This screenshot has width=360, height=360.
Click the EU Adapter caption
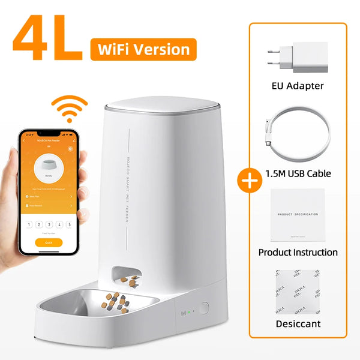[x=297, y=86]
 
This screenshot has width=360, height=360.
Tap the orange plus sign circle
[x=245, y=180]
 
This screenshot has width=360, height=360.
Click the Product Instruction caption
[x=298, y=252]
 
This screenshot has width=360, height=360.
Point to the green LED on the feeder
[x=189, y=312]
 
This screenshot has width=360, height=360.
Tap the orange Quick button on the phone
[x=48, y=242]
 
